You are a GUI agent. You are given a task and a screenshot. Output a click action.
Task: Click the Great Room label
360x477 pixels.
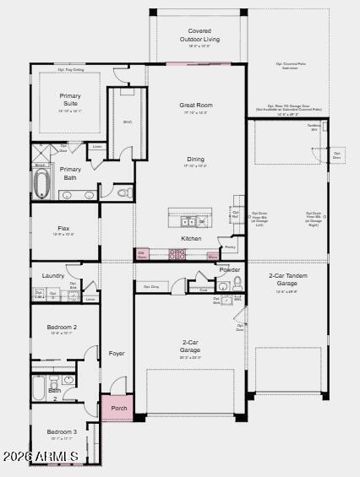coord(195,106)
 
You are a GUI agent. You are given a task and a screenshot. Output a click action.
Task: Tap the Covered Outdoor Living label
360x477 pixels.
coord(199,35)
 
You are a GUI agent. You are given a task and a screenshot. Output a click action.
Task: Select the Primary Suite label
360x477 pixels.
coord(70,100)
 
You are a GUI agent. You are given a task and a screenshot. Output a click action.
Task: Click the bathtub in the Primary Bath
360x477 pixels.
coord(41,183)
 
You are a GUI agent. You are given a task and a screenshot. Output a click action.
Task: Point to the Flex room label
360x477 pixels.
coord(63,228)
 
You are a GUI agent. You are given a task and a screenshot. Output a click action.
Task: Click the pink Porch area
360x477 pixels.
coord(118,408)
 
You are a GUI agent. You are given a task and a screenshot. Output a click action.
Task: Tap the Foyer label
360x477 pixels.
coord(116,353)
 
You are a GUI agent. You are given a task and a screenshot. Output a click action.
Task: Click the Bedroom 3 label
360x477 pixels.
coord(62,431)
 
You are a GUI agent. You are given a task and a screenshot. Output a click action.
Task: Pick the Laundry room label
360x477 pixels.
coord(53,275)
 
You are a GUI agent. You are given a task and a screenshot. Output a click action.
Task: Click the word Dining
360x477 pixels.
coord(195,159)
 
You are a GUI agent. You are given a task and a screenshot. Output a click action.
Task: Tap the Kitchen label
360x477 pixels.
coord(192,238)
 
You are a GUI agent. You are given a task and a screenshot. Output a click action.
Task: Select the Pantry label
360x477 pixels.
coord(230,247)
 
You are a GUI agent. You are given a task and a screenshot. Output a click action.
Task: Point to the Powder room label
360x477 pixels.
coord(230,270)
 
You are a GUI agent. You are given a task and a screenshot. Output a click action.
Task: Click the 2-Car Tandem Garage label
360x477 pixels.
coord(287,279)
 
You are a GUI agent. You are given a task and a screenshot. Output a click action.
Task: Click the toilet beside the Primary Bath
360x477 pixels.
coord(123,193)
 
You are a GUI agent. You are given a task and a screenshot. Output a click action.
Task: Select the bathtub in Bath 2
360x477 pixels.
coord(39,388)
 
